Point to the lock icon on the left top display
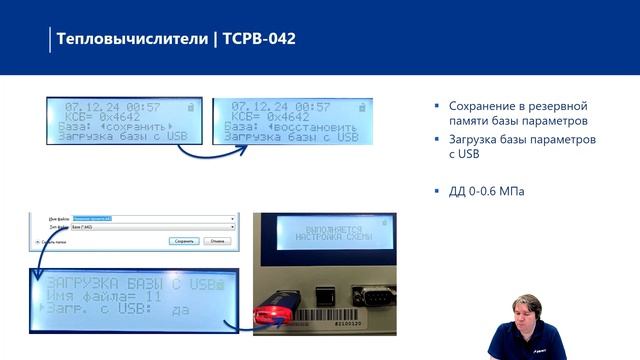tap(190, 105)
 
